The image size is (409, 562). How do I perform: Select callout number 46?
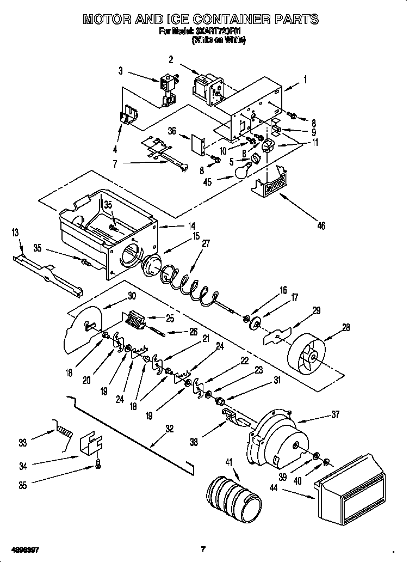321,225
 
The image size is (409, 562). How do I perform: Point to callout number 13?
15,234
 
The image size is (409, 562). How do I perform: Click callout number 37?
335,415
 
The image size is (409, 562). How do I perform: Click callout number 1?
305,80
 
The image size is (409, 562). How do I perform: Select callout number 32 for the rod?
169,429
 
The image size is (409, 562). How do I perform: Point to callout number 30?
131,296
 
